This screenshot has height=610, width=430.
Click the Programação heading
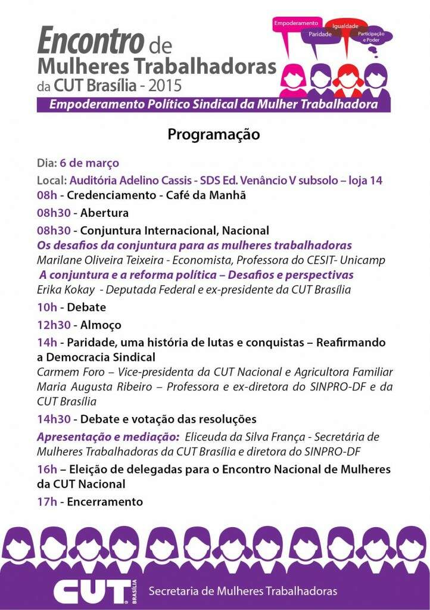tap(214, 135)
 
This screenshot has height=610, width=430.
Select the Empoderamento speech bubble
tap(296, 24)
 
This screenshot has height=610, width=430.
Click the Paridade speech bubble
tap(319, 35)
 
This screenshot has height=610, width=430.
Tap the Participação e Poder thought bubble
tap(371, 36)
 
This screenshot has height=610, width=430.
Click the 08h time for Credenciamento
tap(46, 195)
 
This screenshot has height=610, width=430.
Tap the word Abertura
tap(104, 213)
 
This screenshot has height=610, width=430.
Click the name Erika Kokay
tap(63, 290)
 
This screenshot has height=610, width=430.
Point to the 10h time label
tap(46, 307)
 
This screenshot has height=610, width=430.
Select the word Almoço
tap(101, 325)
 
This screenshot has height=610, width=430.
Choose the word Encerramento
tap(105, 502)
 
